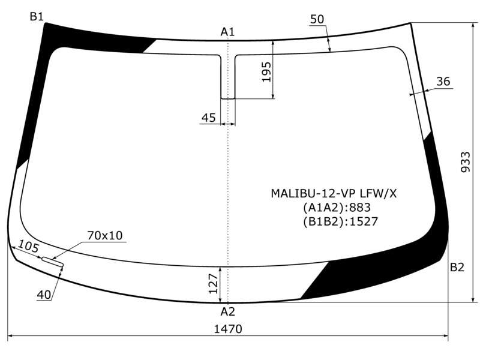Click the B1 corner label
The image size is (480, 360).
pos(37,17)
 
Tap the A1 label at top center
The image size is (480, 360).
pos(227,32)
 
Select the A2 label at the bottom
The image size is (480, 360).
pos(227,311)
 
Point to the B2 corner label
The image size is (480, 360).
pos(457,267)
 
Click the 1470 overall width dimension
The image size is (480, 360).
pos(228,329)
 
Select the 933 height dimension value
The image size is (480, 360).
pos(466,162)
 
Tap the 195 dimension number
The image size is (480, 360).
pos(266,72)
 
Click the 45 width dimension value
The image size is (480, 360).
pos(208,118)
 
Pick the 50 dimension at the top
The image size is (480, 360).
pos(317,19)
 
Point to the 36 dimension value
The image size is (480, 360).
pos(443,82)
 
